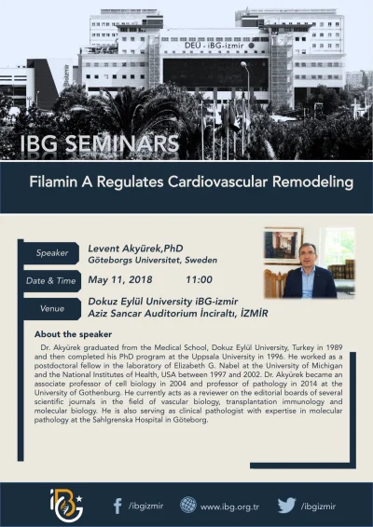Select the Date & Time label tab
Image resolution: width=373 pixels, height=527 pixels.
(51, 279)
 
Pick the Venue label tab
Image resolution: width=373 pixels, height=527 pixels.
(51, 306)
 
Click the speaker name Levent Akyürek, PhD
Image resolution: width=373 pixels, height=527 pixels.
(133, 249)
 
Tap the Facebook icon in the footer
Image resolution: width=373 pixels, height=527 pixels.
(117, 506)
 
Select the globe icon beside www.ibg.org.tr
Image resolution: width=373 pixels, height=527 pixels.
(187, 506)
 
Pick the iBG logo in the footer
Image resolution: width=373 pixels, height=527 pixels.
(65, 504)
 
